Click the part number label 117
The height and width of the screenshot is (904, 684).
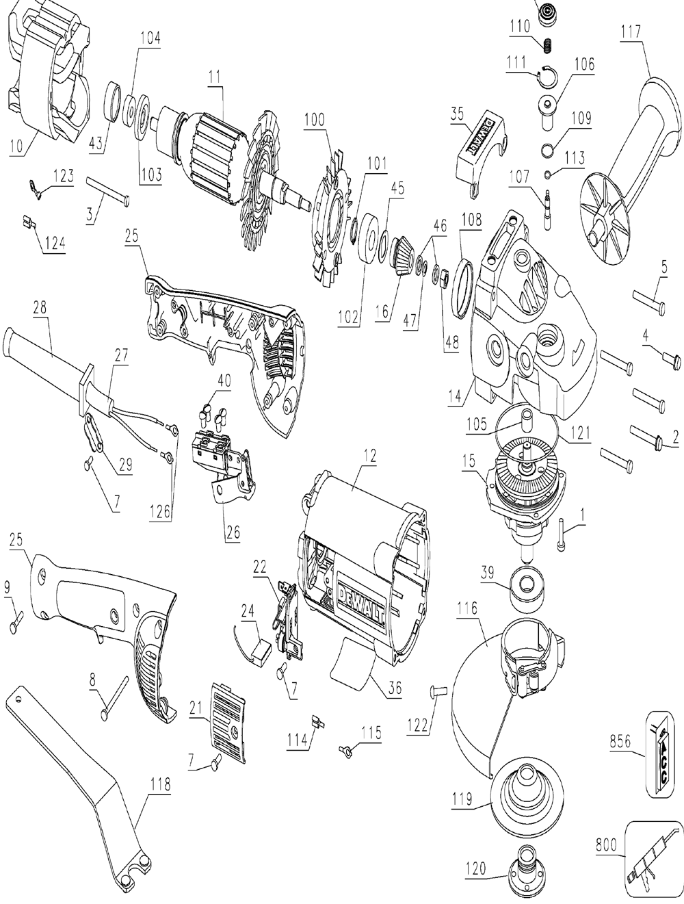pyautogui.click(x=631, y=31)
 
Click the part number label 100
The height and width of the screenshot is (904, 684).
pyautogui.click(x=315, y=118)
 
